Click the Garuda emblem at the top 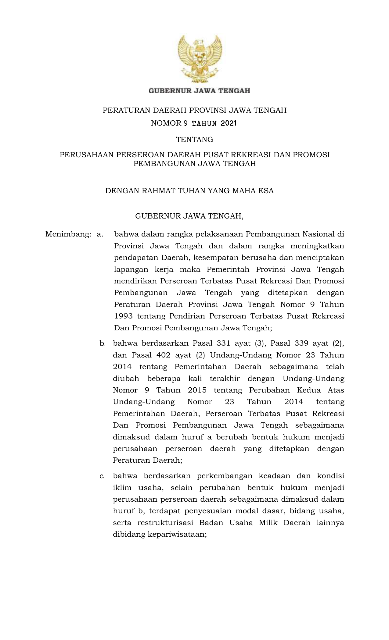point(200,59)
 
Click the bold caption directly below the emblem point(199,91)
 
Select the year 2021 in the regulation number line point(229,123)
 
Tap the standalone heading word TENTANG point(195,140)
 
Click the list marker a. point(100,234)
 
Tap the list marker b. point(102,343)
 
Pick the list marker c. point(102,476)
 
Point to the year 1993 point(123,316)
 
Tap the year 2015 point(197,390)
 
